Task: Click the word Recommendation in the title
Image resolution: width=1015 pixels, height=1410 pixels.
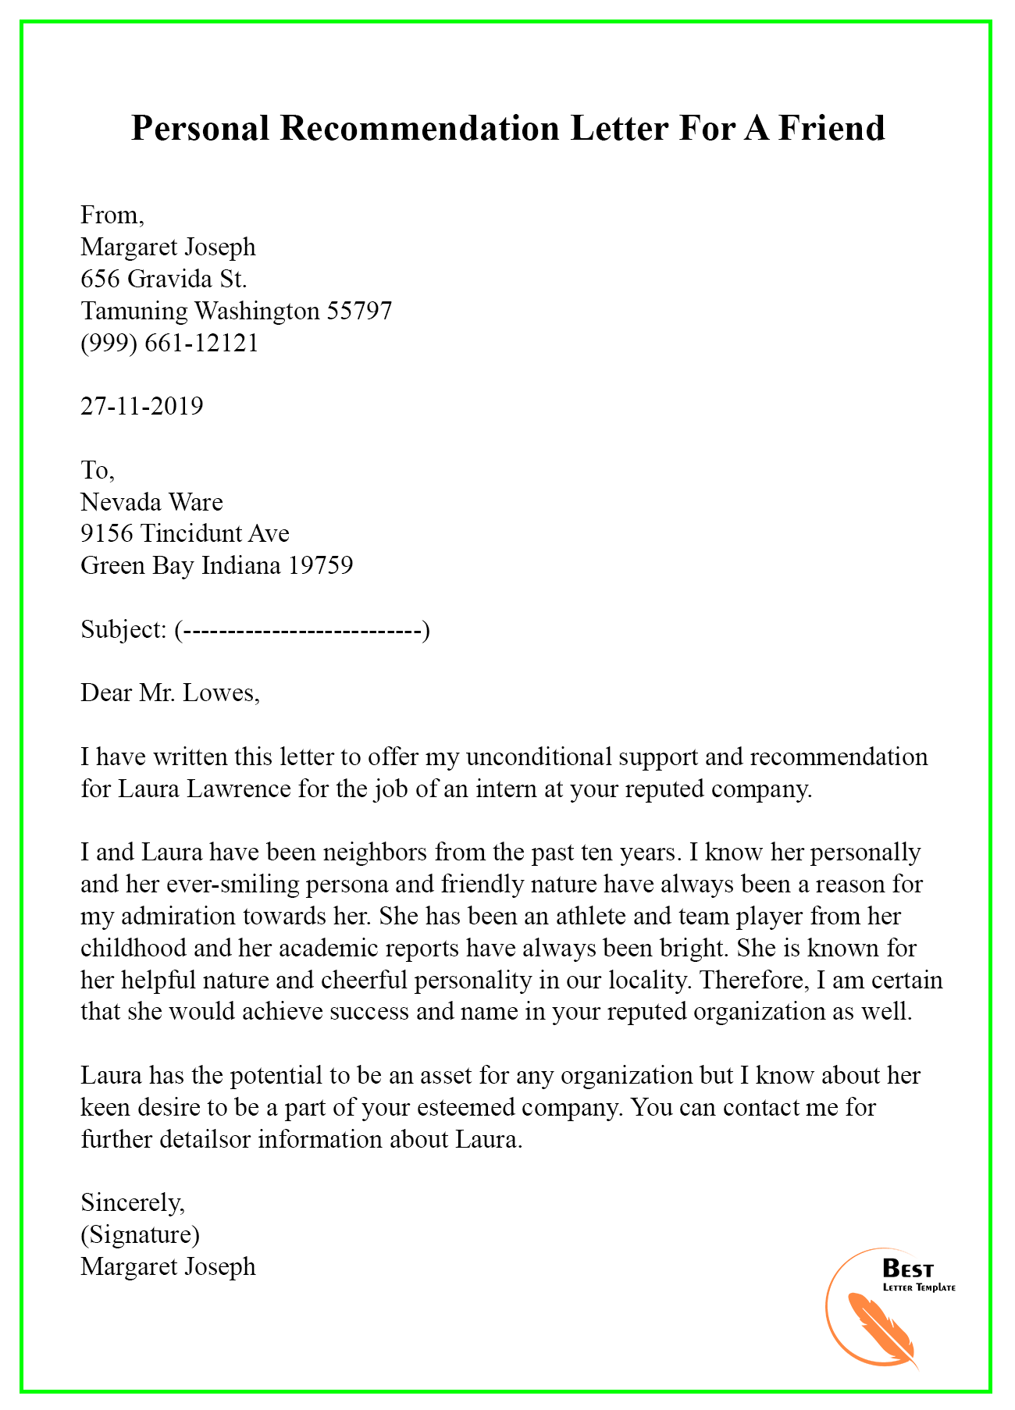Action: coord(419,128)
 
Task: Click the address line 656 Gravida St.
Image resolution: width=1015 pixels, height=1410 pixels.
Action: coord(164,279)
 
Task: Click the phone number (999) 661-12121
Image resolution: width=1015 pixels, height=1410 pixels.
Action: coord(169,343)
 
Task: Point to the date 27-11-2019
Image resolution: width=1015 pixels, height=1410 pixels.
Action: coord(142,406)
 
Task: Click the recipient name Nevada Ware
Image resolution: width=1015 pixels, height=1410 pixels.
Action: coord(151,501)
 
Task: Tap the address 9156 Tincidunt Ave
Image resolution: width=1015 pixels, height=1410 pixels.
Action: coord(185,533)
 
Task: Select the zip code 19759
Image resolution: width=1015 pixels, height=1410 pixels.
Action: coord(320,565)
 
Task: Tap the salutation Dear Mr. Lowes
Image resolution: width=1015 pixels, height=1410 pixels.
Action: coord(169,693)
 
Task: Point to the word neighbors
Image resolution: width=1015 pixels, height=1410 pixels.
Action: coord(374,853)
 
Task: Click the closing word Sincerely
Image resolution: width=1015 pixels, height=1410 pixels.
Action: coord(133,1202)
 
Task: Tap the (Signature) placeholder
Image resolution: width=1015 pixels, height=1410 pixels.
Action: coord(140,1234)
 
